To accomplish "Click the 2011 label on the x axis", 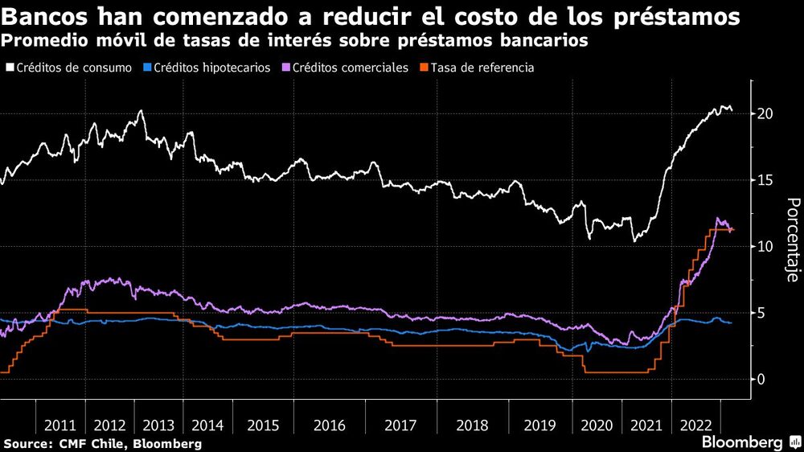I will (x=61, y=425).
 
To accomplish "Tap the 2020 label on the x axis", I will (x=596, y=425).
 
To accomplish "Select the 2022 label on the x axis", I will (x=694, y=425).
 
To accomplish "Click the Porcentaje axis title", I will (x=791, y=240).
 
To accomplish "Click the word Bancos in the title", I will (x=46, y=16).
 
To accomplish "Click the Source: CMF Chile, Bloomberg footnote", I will (x=102, y=443).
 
